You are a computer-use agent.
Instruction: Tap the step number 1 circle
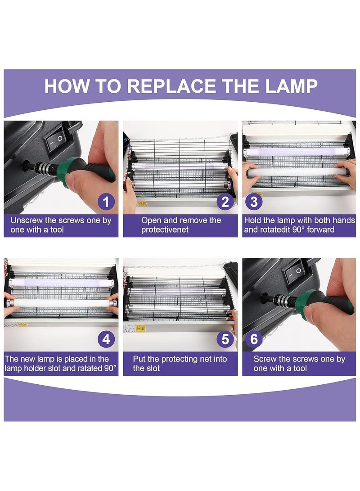[106, 202]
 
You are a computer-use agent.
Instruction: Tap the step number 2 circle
[225, 202]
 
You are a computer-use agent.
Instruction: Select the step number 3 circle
[253, 202]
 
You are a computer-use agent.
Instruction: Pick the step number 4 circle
[106, 339]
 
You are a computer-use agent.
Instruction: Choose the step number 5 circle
[225, 339]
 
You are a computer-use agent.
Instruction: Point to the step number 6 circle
[253, 339]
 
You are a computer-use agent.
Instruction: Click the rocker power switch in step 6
[295, 272]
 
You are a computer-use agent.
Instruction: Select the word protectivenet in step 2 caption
[165, 230]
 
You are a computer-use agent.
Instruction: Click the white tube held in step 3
[297, 171]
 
